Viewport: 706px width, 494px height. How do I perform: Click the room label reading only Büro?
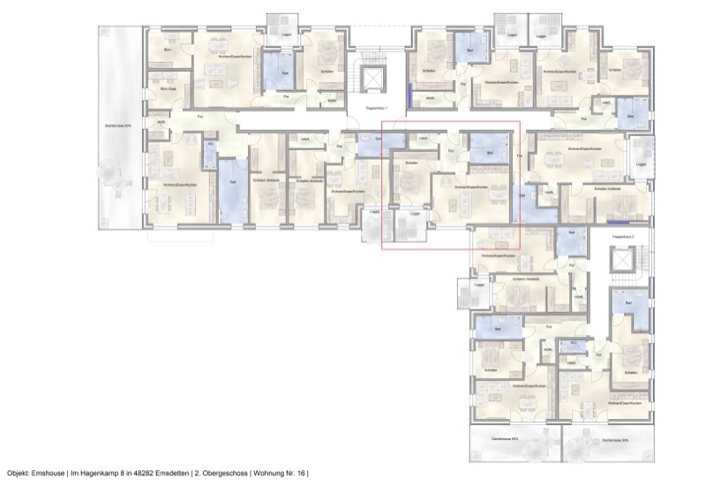[x=168, y=49]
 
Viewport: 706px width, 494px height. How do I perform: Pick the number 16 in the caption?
[x=302, y=474]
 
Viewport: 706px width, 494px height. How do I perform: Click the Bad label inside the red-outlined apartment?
[x=489, y=151]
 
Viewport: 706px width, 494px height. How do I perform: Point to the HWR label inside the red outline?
[x=424, y=137]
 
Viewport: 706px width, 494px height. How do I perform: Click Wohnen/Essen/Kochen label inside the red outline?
[x=470, y=187]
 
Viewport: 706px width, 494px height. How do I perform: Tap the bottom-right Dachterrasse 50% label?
[x=613, y=439]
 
